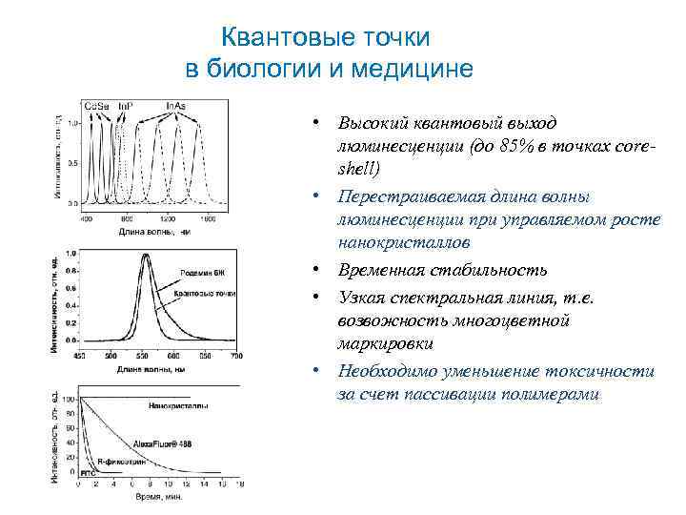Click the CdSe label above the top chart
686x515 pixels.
[x=96, y=104]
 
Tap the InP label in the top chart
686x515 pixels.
[x=125, y=104]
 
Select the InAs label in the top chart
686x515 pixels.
[x=176, y=104]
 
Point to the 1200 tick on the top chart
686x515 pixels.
[x=169, y=217]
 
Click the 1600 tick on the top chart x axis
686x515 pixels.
[x=209, y=217]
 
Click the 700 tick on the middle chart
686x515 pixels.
[x=236, y=356]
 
